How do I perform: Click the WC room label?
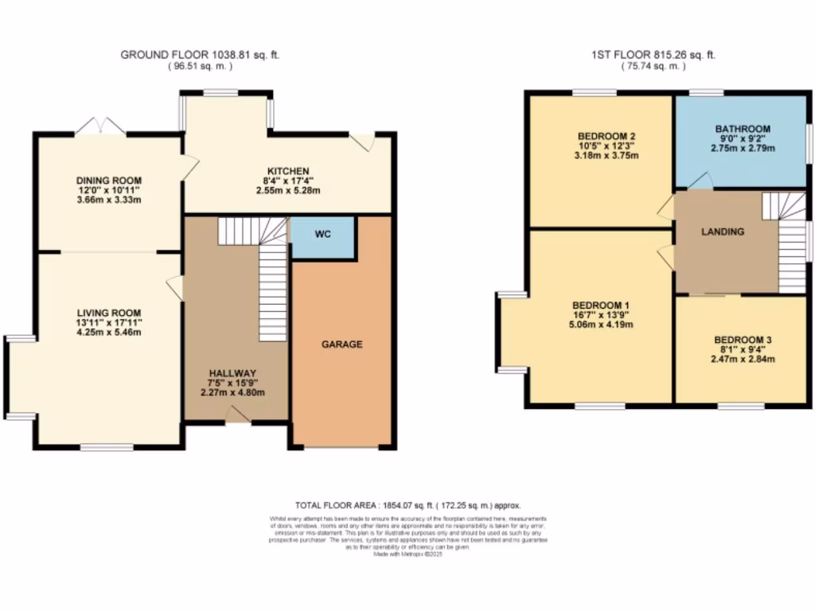322,235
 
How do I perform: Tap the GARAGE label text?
341,344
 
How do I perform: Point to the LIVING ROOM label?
109,313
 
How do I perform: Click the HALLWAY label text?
232,373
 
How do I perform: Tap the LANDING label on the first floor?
723,232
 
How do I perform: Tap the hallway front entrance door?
236,414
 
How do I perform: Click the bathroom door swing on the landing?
700,182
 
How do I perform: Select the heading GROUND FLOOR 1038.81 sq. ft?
200,55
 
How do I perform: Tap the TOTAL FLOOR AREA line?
407,505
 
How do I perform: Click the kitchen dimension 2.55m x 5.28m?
287,191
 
